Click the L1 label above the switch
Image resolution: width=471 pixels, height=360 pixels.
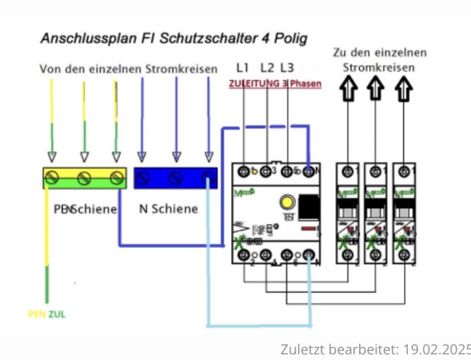pos(242,68)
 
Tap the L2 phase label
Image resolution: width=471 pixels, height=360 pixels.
pos(267,68)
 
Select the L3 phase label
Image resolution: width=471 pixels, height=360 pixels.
pos(287,68)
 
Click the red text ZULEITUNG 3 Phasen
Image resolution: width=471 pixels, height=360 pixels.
pos(275,84)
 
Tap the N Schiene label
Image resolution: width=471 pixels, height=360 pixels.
pos(168,209)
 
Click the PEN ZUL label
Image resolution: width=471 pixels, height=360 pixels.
pos(47,314)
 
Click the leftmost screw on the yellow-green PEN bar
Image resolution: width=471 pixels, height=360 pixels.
pos(52,177)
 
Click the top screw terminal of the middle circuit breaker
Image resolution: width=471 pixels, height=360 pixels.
pos(375,171)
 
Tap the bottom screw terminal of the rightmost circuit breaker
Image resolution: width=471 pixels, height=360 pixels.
pos(404,254)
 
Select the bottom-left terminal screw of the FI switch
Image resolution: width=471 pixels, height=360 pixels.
pos(243,254)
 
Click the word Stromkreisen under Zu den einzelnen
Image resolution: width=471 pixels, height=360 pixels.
pos(379,68)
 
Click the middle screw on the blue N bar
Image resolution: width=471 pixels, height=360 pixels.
pos(175,177)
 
